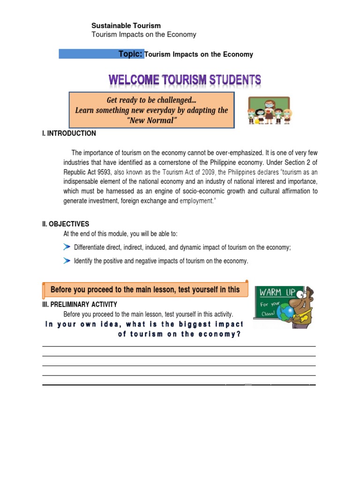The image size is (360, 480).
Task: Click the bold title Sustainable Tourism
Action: tap(126, 26)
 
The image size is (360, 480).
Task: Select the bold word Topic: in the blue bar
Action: tap(130, 54)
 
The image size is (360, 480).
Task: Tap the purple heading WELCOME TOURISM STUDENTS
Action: tap(185, 80)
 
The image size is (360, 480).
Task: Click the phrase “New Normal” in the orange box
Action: tap(151, 121)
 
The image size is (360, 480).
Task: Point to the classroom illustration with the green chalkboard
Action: tap(269, 111)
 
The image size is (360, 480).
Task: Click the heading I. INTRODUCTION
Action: tap(69, 134)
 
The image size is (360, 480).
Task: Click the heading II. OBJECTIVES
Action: tap(66, 224)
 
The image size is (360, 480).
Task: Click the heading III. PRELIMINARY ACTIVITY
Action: tap(80, 304)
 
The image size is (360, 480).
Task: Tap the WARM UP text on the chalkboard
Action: tap(277, 292)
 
